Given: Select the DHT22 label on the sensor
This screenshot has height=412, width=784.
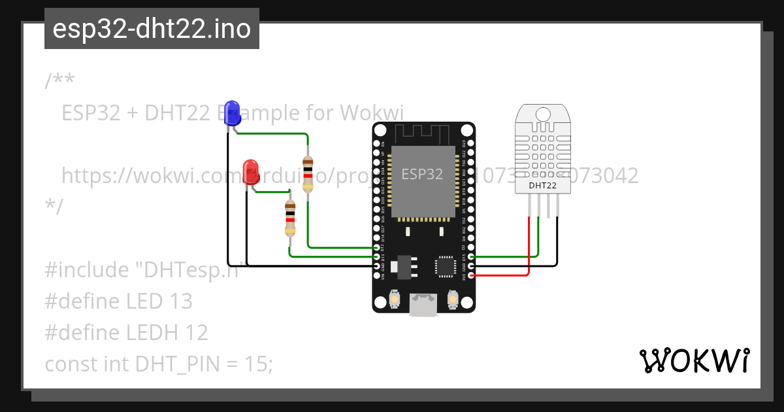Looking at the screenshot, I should coord(542,186).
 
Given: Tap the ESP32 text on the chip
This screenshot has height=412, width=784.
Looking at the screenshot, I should coord(421,174).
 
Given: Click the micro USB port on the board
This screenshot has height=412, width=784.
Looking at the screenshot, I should coord(423,304).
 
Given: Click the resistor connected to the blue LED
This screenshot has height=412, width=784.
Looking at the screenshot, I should coord(307,174).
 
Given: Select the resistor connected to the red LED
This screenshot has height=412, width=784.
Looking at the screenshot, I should coord(290,218).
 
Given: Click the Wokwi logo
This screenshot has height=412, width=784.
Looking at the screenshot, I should coord(693,360).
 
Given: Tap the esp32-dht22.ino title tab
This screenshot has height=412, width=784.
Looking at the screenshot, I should coord(152,29).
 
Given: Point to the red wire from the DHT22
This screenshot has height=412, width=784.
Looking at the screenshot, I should coord(528,249).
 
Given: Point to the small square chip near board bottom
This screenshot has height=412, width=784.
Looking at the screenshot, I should coord(446,265).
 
